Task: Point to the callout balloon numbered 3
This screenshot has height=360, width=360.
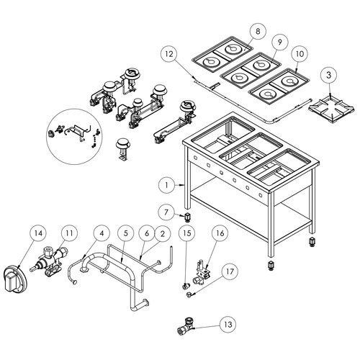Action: (328, 75)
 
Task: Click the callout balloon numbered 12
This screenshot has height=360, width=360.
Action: (168, 53)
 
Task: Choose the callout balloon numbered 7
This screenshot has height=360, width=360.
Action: (166, 212)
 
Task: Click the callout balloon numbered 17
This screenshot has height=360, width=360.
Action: (229, 271)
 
